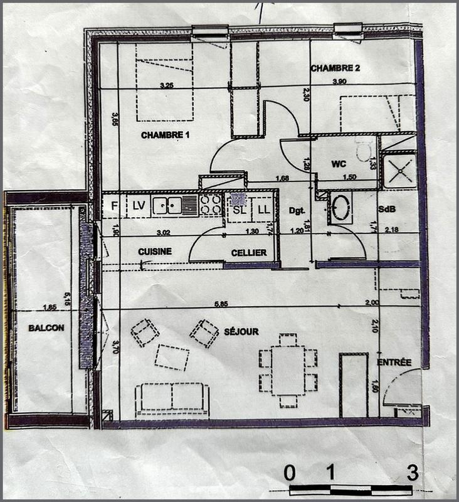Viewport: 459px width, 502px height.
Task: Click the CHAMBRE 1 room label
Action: [165, 135]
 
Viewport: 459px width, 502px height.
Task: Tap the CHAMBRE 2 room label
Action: [334, 68]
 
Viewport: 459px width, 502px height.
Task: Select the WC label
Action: [339, 164]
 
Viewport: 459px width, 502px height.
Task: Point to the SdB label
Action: [386, 208]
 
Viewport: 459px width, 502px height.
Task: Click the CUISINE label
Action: [155, 252]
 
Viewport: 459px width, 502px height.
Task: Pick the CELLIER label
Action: [248, 253]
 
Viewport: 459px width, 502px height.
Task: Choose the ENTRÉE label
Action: [394, 362]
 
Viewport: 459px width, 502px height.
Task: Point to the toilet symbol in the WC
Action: [364, 151]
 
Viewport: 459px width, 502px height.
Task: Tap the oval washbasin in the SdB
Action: [340, 208]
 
